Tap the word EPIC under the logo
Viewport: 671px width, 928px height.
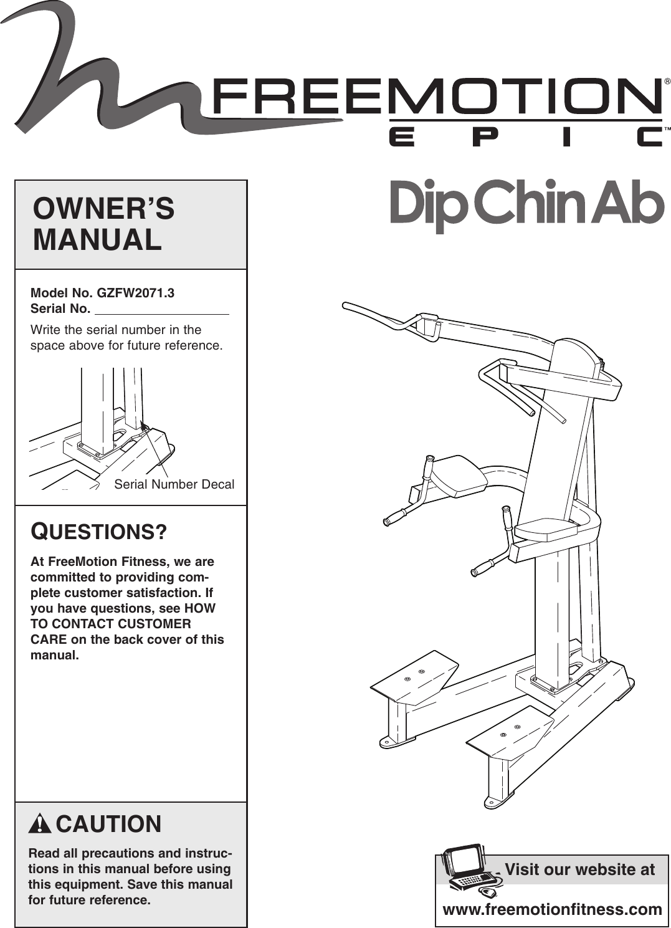[x=526, y=136]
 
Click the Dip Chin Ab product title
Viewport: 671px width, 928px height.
[x=526, y=203]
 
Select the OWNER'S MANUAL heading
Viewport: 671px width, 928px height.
[x=103, y=224]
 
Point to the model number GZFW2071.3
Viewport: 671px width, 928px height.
[x=135, y=293]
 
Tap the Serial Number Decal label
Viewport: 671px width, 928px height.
[x=174, y=484]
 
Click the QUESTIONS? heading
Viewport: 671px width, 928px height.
[x=99, y=532]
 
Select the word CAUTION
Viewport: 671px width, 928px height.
[x=108, y=824]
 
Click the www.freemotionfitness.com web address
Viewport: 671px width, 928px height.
[x=552, y=909]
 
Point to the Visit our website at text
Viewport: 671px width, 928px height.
[x=579, y=869]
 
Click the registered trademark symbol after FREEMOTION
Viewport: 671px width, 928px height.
[x=667, y=82]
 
